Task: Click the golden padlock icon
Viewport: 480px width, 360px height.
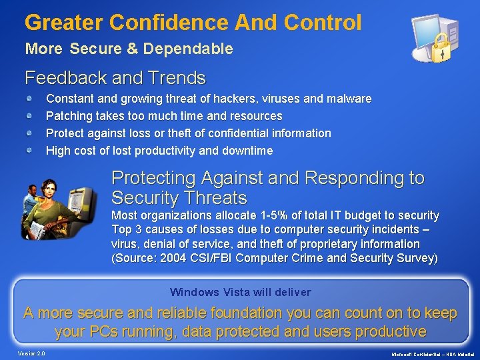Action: tap(441, 49)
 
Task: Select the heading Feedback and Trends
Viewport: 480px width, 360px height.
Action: tap(115, 78)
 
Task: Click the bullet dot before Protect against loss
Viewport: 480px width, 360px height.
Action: tap(31, 133)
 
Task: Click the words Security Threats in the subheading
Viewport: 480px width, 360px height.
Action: tap(179, 198)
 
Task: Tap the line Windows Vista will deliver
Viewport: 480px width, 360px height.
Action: tap(240, 292)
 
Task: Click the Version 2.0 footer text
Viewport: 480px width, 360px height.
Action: tap(31, 353)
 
